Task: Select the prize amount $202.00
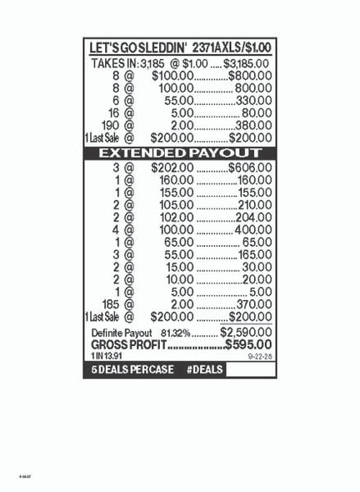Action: [172, 168]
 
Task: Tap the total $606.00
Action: [249, 168]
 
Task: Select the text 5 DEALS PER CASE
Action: [127, 369]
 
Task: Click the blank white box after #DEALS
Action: [249, 369]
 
